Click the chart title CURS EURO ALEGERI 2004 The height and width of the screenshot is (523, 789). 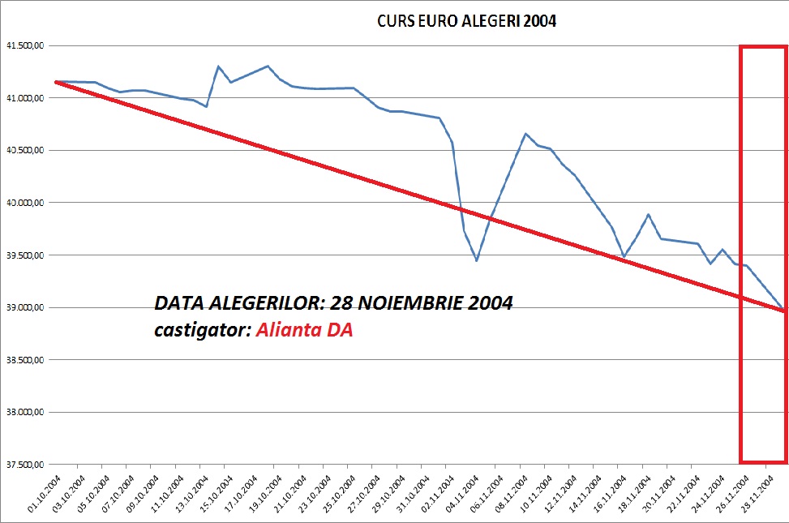[x=466, y=22]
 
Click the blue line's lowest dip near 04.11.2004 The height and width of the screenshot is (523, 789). [x=476, y=260]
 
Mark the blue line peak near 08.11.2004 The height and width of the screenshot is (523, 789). [x=525, y=134]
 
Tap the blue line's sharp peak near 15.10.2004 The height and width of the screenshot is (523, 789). [x=218, y=66]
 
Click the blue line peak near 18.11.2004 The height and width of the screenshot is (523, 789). [x=648, y=215]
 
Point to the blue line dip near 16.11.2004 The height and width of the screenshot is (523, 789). [x=623, y=257]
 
